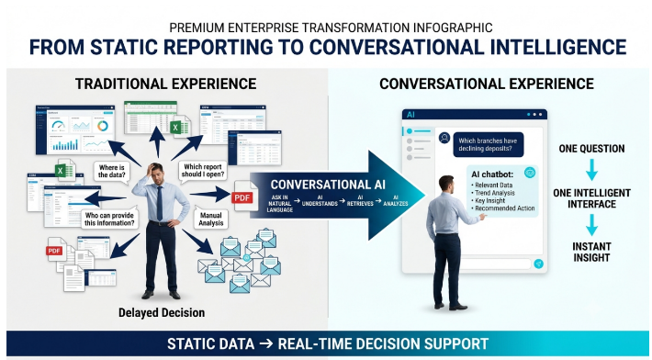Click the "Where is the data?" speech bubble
point(111,171)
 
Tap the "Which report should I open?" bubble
point(203,171)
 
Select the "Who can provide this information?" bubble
point(109,219)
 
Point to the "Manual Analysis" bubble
point(211,219)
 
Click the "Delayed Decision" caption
point(162,312)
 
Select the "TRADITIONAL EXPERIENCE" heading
point(165,84)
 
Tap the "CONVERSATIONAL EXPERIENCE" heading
point(487,84)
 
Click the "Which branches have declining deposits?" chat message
point(489,145)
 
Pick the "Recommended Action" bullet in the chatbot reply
point(502,208)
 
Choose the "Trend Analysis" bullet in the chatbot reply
point(493,193)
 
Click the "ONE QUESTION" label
point(591,149)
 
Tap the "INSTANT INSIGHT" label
point(591,252)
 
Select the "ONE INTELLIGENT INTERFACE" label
point(591,198)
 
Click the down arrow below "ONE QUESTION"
point(591,170)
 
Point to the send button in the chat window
point(538,264)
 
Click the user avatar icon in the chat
point(444,138)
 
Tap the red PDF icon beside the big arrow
point(242,197)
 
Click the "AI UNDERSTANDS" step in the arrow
point(320,201)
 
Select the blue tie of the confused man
point(160,203)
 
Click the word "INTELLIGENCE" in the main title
point(558,47)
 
